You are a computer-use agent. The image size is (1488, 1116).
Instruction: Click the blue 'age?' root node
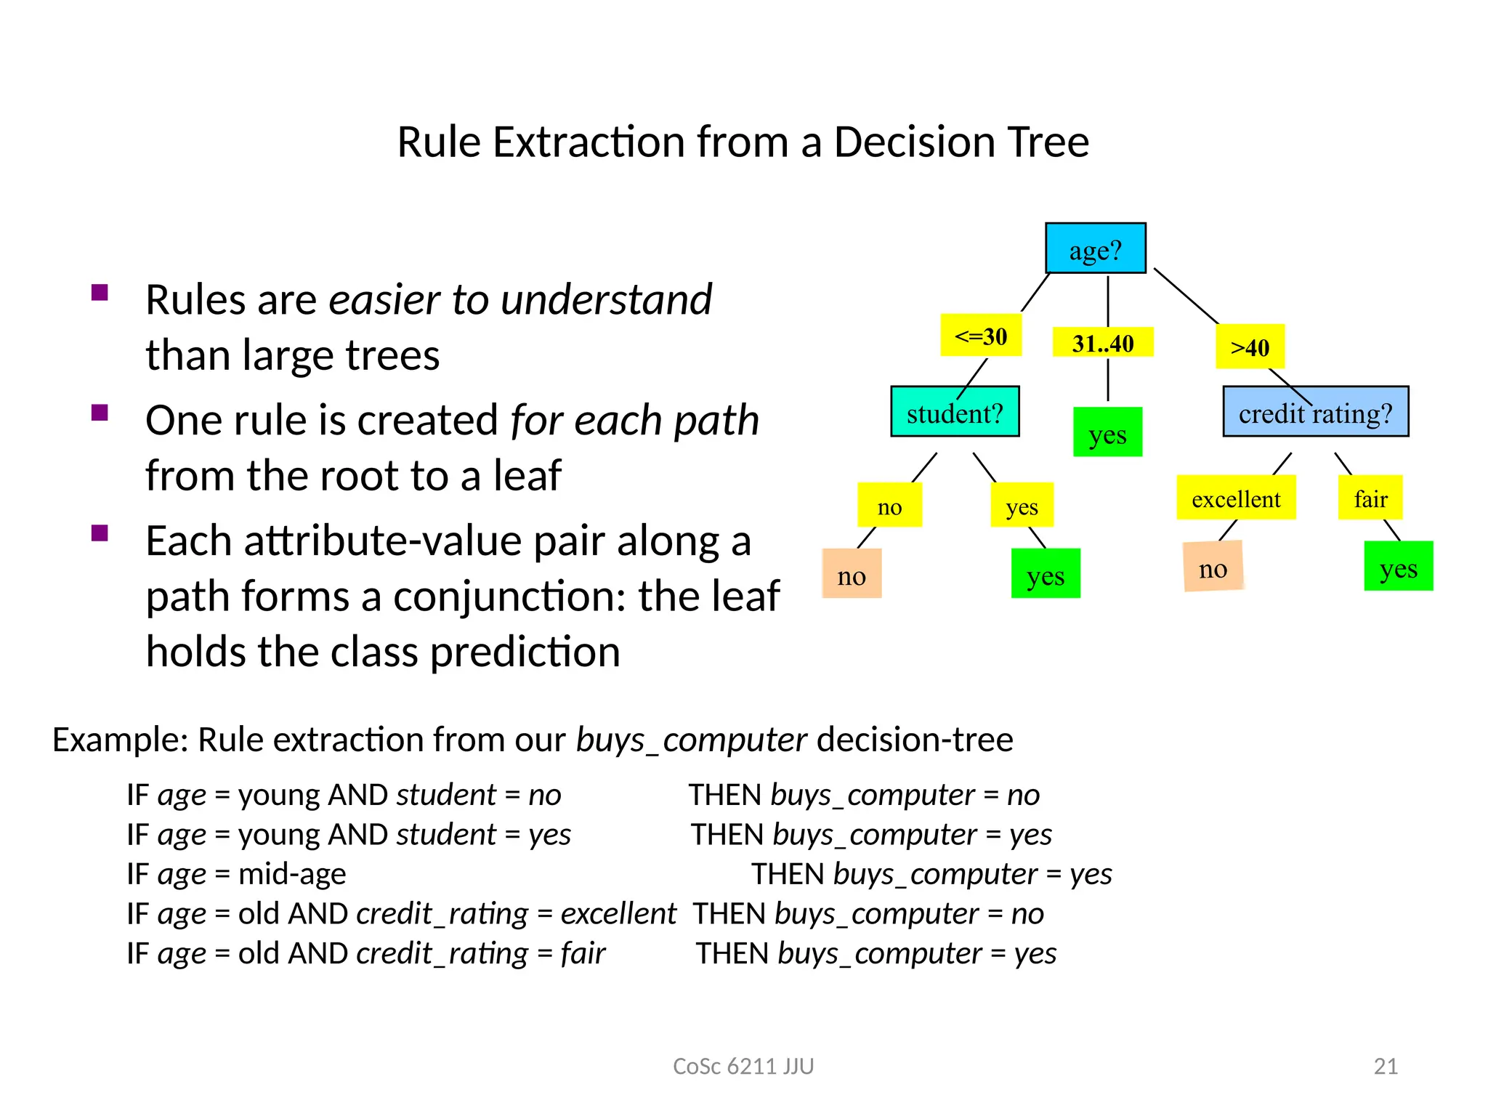1095,248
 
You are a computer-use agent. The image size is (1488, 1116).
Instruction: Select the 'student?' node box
955,412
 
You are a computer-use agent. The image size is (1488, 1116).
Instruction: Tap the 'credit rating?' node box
1315,412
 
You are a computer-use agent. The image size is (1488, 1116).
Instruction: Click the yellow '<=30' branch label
981,336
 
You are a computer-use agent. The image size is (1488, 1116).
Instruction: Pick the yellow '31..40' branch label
1102,343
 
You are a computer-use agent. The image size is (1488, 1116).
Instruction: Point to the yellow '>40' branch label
1250,347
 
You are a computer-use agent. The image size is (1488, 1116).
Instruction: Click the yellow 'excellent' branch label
1236,498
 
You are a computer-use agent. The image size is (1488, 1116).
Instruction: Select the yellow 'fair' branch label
1370,498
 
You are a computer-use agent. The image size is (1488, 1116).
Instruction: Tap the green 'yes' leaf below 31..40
1107,433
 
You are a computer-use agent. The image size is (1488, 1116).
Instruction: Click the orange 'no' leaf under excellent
1213,567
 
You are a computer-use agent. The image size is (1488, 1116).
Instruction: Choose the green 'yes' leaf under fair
1398,567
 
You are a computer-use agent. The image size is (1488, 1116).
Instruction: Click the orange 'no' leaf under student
852,574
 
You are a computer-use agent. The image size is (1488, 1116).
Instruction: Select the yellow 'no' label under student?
889,506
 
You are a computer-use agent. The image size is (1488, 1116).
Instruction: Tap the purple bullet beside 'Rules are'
100,293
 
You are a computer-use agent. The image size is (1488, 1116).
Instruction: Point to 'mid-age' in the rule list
292,874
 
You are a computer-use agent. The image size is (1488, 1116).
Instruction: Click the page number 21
1386,1066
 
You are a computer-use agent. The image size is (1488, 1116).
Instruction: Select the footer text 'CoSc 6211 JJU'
743,1066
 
